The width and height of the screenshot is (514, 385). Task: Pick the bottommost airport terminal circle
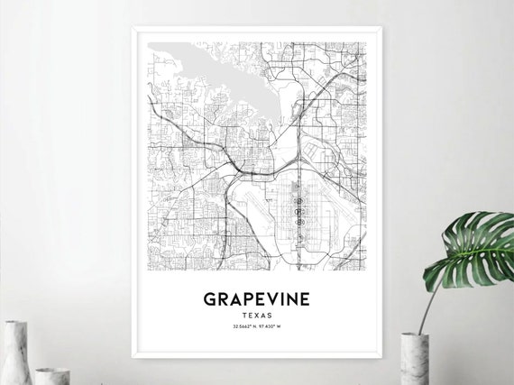[299, 218]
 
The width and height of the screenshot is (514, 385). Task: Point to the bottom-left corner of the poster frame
[133, 357]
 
